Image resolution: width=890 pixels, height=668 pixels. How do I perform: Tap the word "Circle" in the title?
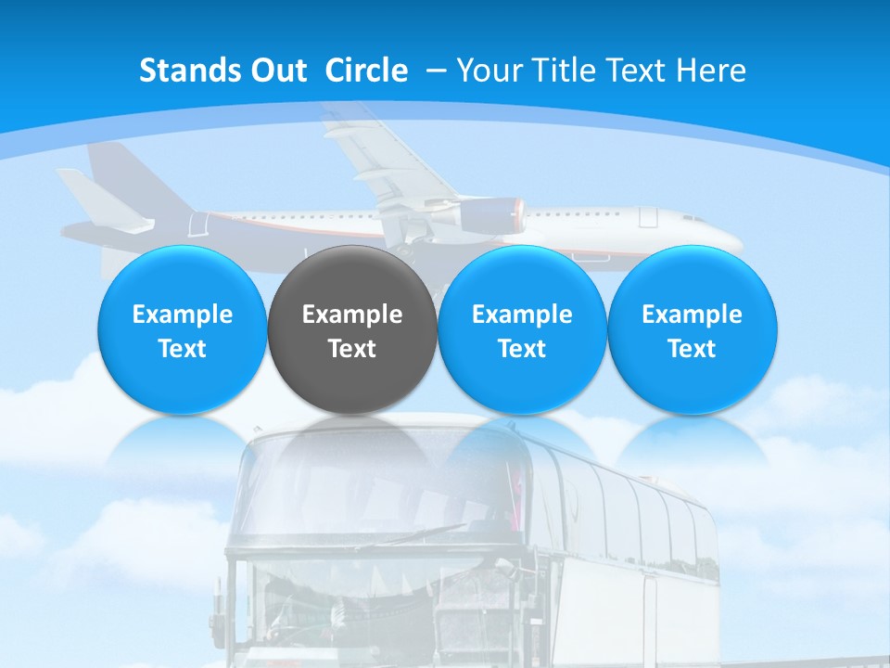click(x=366, y=71)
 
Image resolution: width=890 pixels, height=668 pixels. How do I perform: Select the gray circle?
click(x=351, y=330)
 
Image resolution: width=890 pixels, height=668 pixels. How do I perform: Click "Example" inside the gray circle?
click(x=351, y=315)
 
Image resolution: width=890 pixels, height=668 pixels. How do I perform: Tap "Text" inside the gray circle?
click(x=351, y=349)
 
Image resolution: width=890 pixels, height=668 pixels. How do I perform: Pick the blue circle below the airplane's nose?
click(x=692, y=330)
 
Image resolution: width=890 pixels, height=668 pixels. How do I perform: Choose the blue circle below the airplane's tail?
click(x=182, y=330)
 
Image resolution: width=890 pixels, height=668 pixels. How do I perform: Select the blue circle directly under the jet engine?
click(x=521, y=330)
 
